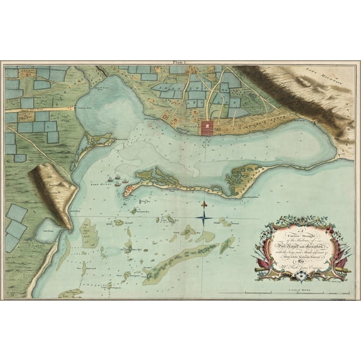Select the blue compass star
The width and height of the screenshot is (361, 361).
coord(204,217)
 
